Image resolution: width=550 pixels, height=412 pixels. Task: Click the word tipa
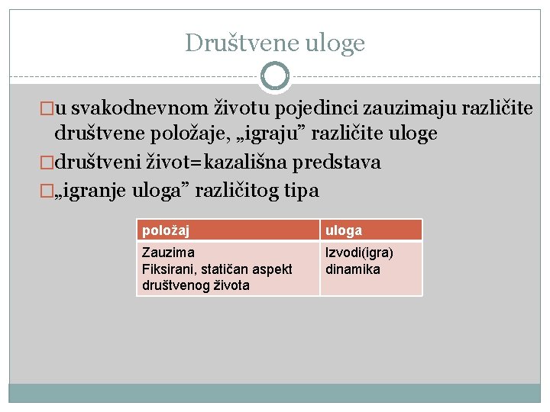click(x=303, y=189)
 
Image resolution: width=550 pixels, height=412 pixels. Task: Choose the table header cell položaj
click(x=166, y=230)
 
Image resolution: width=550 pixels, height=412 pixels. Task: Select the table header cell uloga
click(x=344, y=230)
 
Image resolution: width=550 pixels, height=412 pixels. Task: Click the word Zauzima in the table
click(x=168, y=252)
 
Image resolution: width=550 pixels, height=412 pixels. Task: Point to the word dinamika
click(x=353, y=269)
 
